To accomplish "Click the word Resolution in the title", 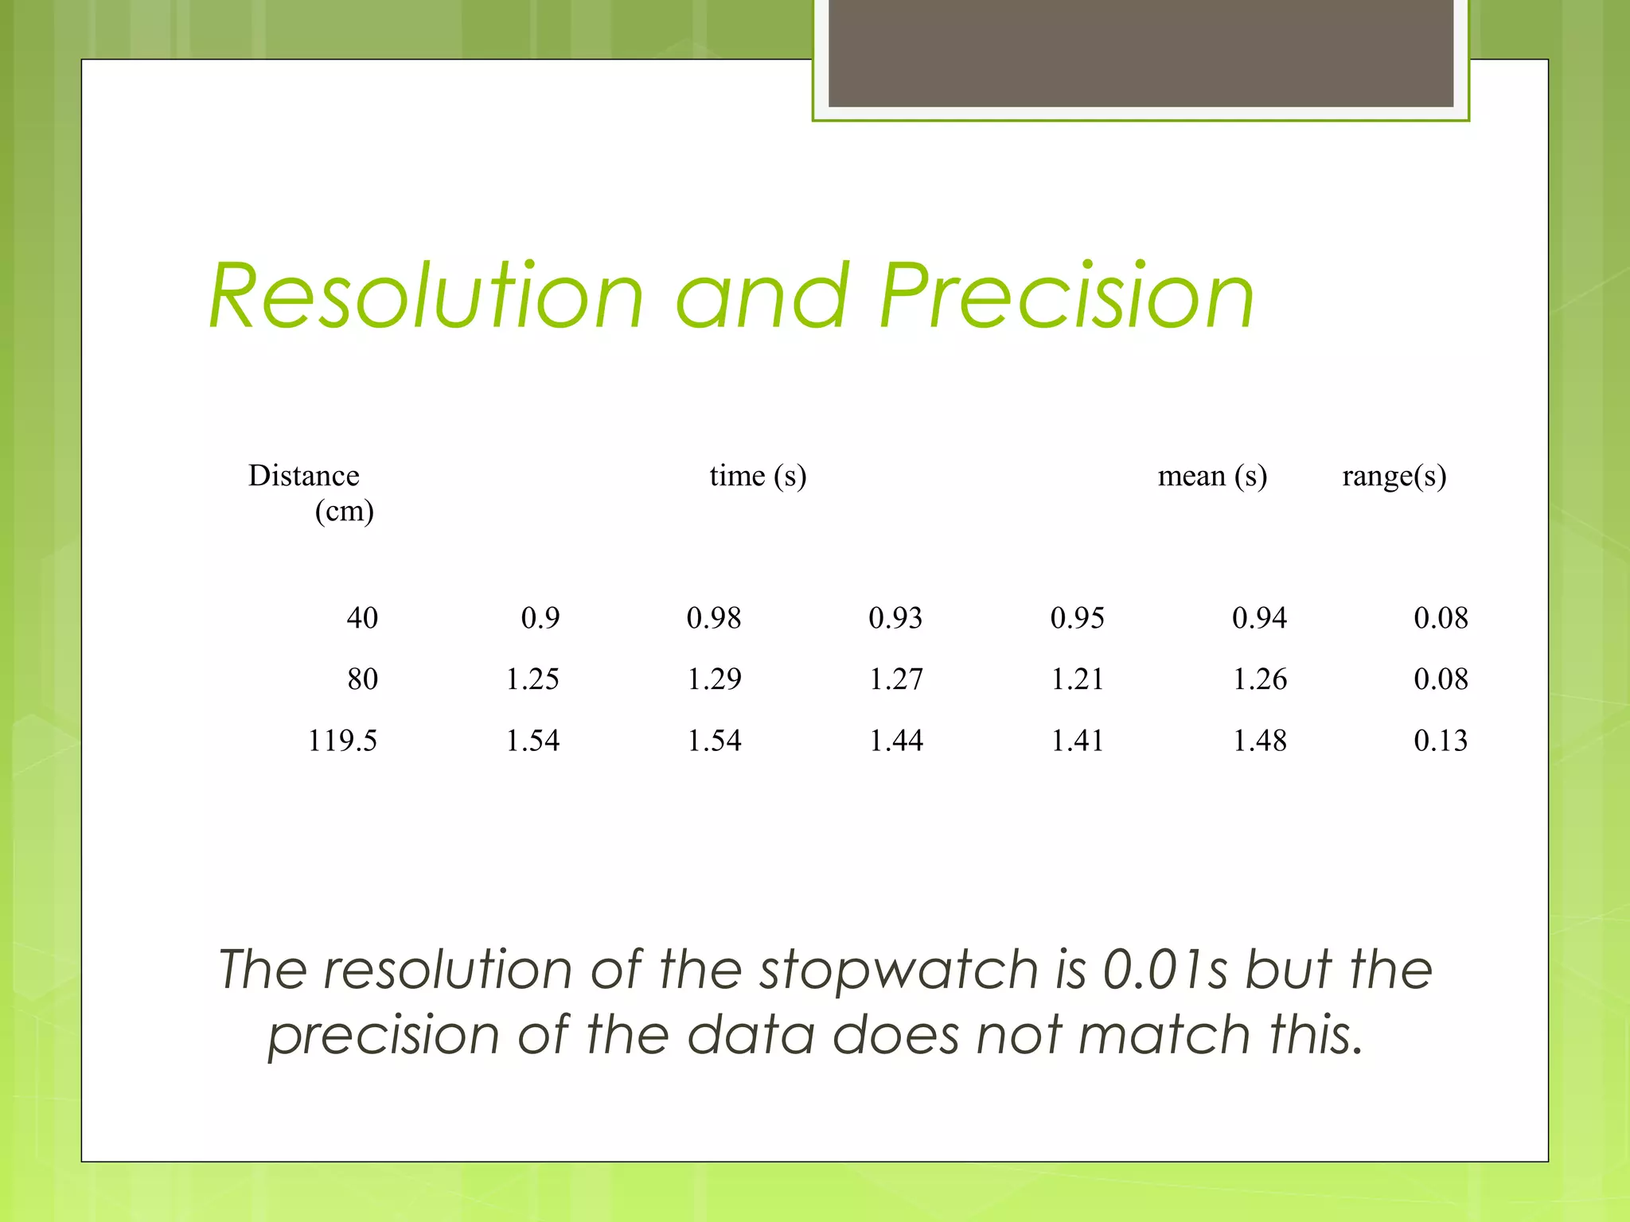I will [x=426, y=296].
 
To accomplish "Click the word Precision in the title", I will [x=1067, y=296].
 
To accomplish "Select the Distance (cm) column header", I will [x=310, y=492].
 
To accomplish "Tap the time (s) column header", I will [x=758, y=476].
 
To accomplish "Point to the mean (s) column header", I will [x=1211, y=476].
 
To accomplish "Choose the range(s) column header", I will [x=1394, y=476].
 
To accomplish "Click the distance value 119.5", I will [x=342, y=741].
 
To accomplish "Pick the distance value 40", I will [x=362, y=618].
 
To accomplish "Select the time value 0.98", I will [x=714, y=618].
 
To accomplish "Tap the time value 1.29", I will [x=714, y=679].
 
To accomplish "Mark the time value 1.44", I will [x=895, y=741].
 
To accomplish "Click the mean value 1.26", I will [x=1259, y=679].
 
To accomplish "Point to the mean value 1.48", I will [x=1259, y=741].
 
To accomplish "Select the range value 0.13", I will [x=1441, y=741].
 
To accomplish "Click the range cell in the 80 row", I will [x=1441, y=679].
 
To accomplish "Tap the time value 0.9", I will [x=540, y=618].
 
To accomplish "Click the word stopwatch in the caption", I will [x=899, y=971].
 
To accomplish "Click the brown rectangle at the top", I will [x=1141, y=53].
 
